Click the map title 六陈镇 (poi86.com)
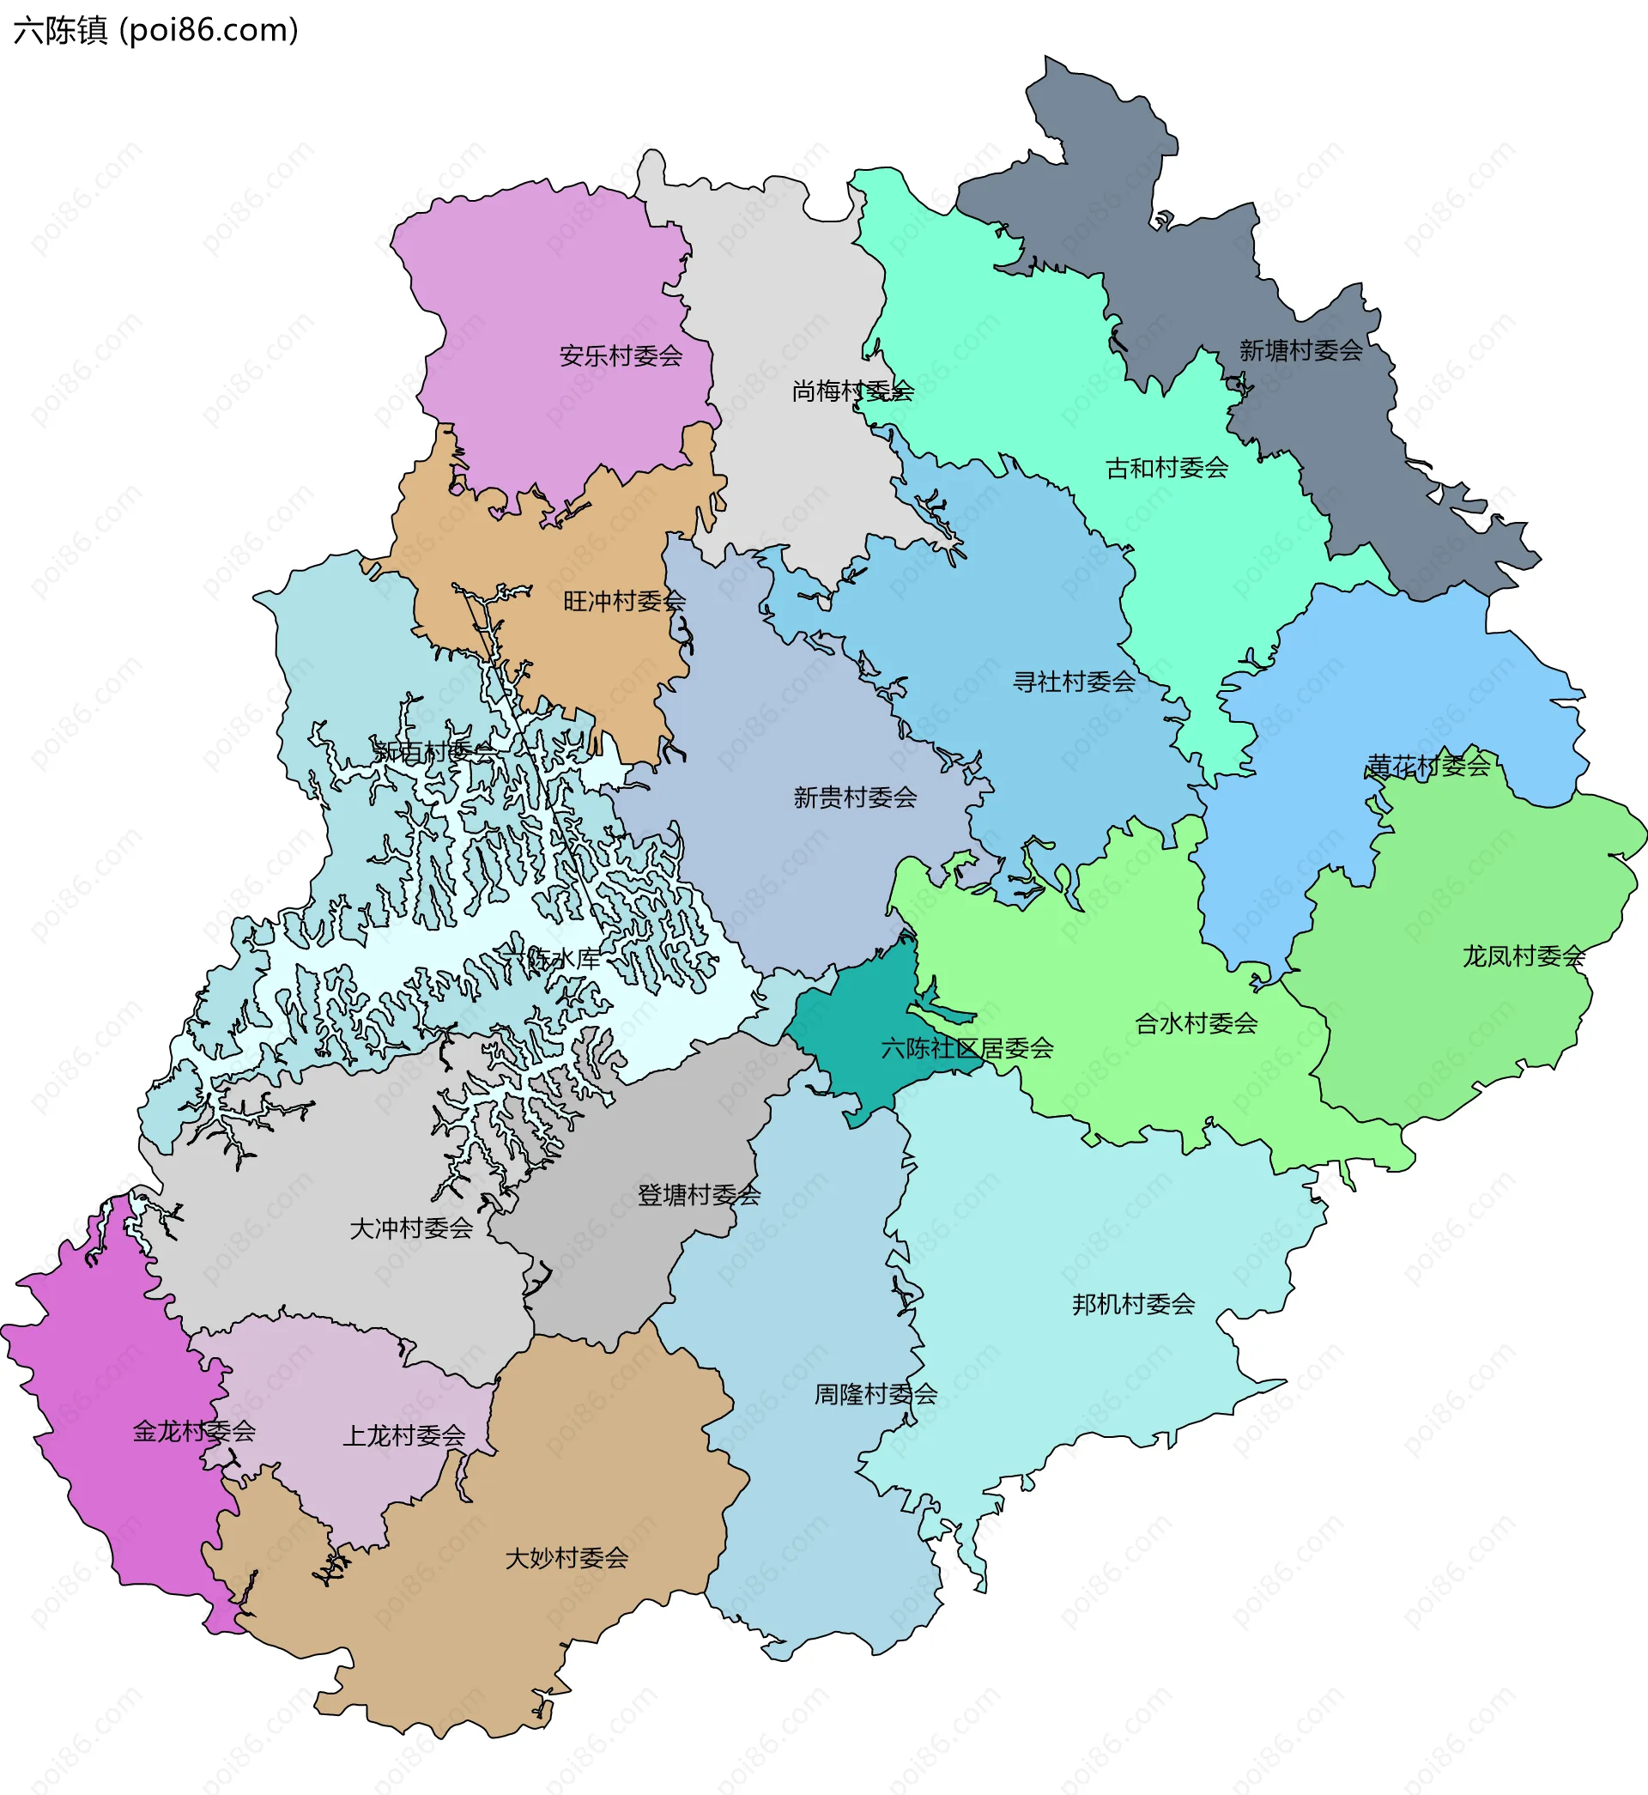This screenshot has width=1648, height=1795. pyautogui.click(x=156, y=30)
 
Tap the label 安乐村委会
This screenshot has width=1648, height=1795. pyautogui.click(x=621, y=355)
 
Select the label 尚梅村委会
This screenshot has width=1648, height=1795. pyautogui.click(x=852, y=391)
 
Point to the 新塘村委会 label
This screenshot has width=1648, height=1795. pyautogui.click(x=1301, y=350)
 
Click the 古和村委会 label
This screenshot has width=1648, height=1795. pyautogui.click(x=1167, y=467)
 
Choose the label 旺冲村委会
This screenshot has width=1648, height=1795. pyautogui.click(x=624, y=601)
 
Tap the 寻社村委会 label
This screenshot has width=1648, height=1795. pyautogui.click(x=1075, y=682)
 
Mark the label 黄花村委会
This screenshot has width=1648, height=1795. pyautogui.click(x=1429, y=765)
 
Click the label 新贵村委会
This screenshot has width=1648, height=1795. pyautogui.click(x=855, y=797)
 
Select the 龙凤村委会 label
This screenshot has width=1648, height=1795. pyautogui.click(x=1524, y=956)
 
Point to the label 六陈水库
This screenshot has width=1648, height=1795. pyautogui.click(x=550, y=959)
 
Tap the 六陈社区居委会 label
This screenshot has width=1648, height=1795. pyautogui.click(x=967, y=1048)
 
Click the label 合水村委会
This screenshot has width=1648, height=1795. pyautogui.click(x=1196, y=1022)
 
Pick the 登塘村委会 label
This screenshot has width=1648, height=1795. pyautogui.click(x=700, y=1195)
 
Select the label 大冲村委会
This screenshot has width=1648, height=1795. pyautogui.click(x=411, y=1228)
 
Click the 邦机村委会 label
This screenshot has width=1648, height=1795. pyautogui.click(x=1134, y=1304)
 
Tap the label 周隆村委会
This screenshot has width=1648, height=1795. pyautogui.click(x=875, y=1394)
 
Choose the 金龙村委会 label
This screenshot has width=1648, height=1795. pyautogui.click(x=194, y=1431)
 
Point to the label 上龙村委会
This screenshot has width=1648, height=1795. pyautogui.click(x=404, y=1435)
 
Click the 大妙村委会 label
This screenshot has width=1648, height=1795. pyautogui.click(x=567, y=1558)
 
